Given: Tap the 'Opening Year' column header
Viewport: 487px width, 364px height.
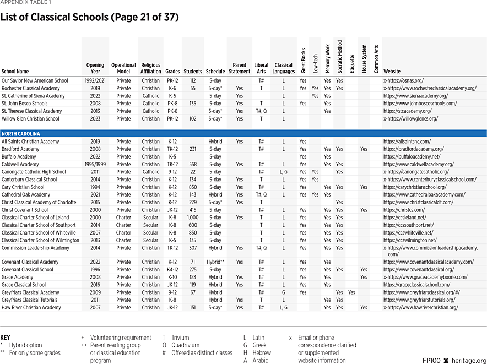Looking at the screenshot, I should pos(95,68).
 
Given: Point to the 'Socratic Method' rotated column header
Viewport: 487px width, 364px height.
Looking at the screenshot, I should pos(339,57).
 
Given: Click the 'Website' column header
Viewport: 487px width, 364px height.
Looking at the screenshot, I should pos(392,72).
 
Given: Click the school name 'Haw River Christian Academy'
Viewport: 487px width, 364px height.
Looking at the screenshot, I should pos(31,308).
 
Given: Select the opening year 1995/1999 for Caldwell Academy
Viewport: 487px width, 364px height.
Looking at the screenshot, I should pos(95,164).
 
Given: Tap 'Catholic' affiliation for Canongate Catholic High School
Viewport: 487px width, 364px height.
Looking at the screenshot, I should pos(150,172).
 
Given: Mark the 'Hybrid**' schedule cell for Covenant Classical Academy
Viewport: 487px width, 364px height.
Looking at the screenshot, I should pos(215,262).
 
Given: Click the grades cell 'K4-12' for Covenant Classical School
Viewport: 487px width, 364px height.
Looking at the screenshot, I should pos(172,270).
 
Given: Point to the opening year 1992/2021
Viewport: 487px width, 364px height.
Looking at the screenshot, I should pos(95,80).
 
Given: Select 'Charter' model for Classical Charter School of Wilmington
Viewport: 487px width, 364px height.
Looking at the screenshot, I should pos(123,240).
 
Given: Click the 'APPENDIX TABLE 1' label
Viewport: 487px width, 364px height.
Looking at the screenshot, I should pos(23,2).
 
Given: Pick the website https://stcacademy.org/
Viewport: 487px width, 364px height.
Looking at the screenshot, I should pos(407,111).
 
